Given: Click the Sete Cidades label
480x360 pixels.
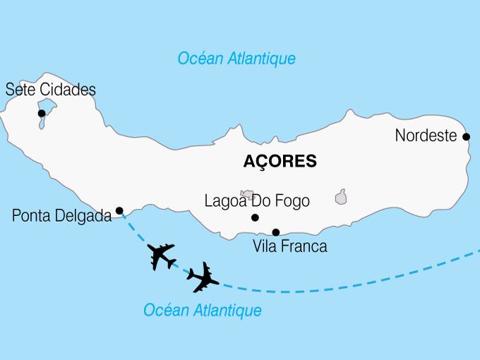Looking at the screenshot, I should pos(50,90).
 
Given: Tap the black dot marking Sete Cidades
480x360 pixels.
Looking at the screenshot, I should pos(42,113).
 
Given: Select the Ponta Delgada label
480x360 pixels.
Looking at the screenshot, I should pos(62,216).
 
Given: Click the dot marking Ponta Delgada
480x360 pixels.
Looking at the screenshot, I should pos(119,210).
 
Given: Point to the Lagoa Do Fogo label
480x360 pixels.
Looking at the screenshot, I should pos(257,200).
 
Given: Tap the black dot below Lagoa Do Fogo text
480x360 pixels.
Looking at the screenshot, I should pos(255,217).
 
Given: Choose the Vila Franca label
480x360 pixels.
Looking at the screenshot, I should pos(289,247).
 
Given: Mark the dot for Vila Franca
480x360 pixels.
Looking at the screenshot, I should pos(276,232).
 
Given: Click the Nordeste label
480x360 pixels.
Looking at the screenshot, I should pos(426,136).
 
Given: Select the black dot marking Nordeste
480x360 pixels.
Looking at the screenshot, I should pos(466,136).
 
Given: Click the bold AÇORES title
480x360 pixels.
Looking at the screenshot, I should pos(280,161).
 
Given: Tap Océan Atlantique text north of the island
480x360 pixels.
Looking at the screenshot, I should pos(236,59).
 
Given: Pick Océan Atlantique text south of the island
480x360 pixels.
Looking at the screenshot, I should pos(203,310).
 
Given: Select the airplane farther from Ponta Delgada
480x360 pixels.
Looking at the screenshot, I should pos(203,278).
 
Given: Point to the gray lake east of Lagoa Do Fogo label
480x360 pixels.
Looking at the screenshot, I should pos(341,196).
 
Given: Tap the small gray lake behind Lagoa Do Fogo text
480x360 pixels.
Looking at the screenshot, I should pos(247,193).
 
